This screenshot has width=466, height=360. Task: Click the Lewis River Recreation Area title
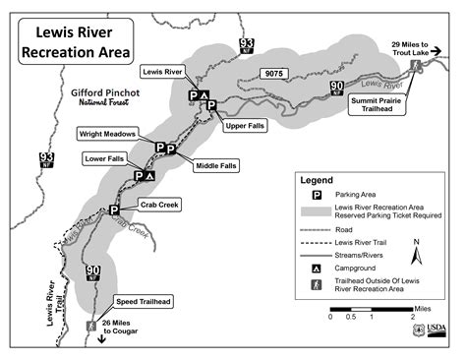pos(75,42)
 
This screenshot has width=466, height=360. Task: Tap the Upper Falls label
pos(245,126)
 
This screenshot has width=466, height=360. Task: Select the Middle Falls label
pos(214,166)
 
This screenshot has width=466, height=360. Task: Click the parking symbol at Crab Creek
pos(114,210)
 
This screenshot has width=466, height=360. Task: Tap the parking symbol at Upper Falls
pos(211,105)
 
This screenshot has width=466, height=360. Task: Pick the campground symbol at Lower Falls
pos(150,175)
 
